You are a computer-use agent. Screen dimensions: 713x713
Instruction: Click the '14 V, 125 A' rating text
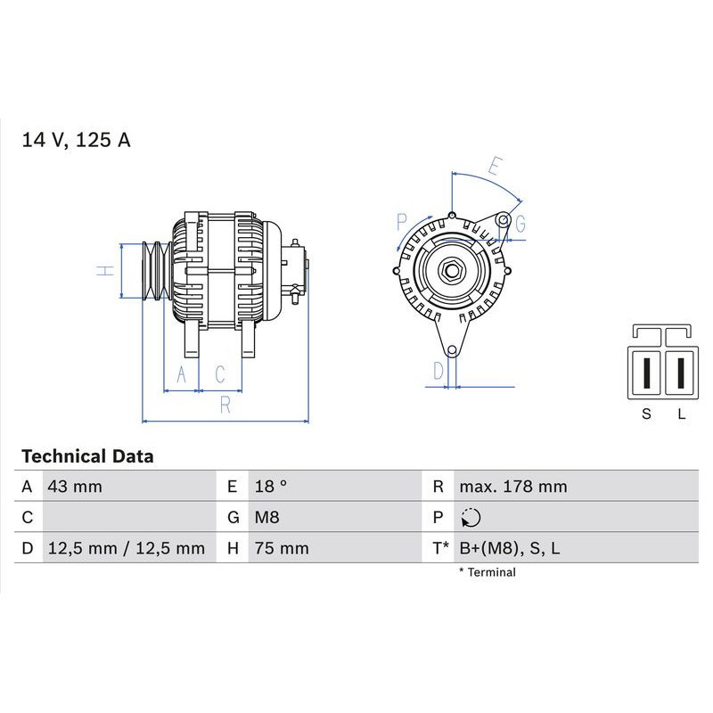tap(76, 140)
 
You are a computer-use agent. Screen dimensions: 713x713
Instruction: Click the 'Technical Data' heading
tap(87, 456)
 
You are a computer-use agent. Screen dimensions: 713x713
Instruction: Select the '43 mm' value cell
tap(75, 487)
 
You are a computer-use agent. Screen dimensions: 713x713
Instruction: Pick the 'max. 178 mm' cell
tap(512, 487)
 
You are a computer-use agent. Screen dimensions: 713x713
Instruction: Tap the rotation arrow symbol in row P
tap(471, 518)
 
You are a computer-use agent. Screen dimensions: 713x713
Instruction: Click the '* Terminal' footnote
tap(487, 572)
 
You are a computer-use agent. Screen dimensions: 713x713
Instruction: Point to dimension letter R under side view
tap(225, 406)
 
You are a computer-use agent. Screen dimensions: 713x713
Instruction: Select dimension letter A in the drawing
tap(182, 374)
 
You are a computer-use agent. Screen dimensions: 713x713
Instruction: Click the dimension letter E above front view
tap(496, 166)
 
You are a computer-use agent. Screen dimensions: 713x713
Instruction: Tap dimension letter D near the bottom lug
tap(438, 371)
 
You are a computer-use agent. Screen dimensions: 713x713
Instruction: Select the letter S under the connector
tap(647, 414)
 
